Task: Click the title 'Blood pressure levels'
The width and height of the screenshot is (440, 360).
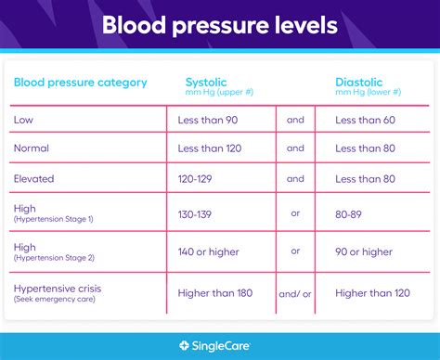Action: pos(219,25)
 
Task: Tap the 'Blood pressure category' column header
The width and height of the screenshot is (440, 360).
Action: pos(80,83)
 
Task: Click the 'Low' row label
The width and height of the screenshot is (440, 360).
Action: pos(24,119)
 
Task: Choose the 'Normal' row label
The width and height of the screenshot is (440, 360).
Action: pos(32,148)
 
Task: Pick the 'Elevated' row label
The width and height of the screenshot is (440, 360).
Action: pos(34,179)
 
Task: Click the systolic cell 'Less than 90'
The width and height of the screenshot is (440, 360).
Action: pos(209,119)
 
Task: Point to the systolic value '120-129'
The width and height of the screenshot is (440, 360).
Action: pos(196,179)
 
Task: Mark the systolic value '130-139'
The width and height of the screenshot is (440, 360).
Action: pos(196,214)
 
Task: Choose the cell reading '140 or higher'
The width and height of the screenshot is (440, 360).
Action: pos(209,251)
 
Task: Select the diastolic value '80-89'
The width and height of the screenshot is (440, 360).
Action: pos(350,214)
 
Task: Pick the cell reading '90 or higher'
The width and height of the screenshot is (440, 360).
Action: pos(364,251)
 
